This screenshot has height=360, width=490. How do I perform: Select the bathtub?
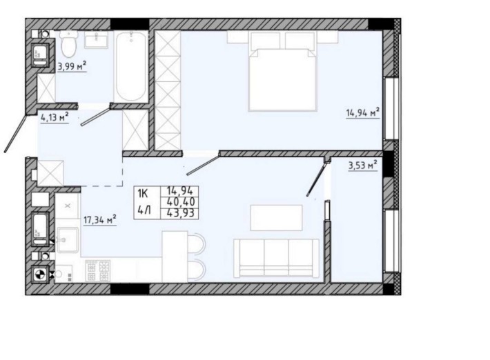click(x=131, y=66)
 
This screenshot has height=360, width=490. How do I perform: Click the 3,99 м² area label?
click(x=72, y=66)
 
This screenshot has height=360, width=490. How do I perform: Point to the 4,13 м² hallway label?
click(x=55, y=118)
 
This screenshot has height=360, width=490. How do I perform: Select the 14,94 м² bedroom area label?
click(x=363, y=112)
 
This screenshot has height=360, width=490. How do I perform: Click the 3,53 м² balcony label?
click(x=363, y=165)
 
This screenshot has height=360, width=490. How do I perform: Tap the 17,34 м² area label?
click(x=100, y=219)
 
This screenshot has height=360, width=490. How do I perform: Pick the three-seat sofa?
click(x=276, y=258)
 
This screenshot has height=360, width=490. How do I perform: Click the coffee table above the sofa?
click(x=276, y=218)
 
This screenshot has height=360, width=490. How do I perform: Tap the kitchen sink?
click(x=67, y=240)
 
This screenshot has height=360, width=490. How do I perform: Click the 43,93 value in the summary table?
click(x=181, y=213)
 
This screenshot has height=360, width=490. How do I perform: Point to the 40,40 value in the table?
click(x=181, y=201)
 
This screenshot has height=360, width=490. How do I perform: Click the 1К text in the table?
click(x=142, y=194)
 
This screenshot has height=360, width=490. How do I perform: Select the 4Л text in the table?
click(x=144, y=210)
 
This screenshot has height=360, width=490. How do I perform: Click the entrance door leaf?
click(x=15, y=134)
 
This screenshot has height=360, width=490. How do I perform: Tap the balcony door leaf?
click(x=317, y=177)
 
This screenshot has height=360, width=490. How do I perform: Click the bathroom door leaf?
click(x=96, y=116)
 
